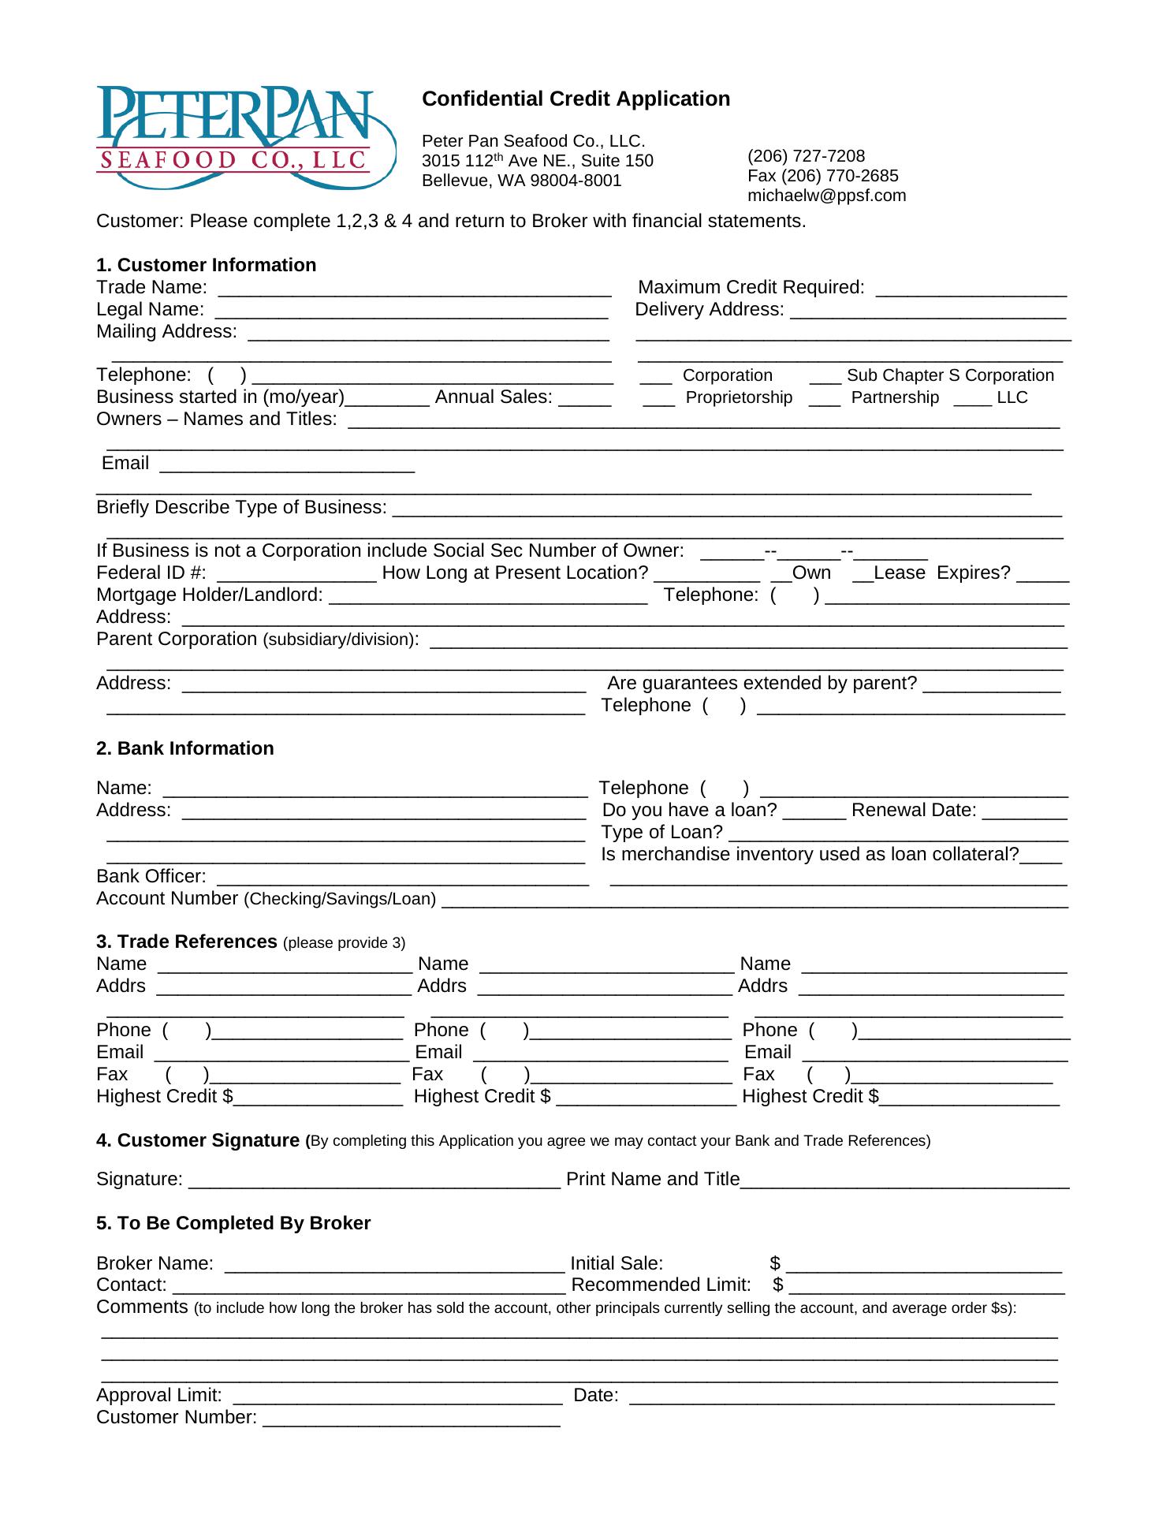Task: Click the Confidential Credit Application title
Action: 576,99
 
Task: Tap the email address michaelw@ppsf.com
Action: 826,196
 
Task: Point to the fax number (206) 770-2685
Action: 822,176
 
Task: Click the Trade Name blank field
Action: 415,289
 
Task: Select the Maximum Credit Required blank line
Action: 971,289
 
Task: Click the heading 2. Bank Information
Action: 184,748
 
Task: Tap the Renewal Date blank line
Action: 1024,812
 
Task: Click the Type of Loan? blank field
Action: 898,834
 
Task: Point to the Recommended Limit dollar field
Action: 926,1287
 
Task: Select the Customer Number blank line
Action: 412,1419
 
